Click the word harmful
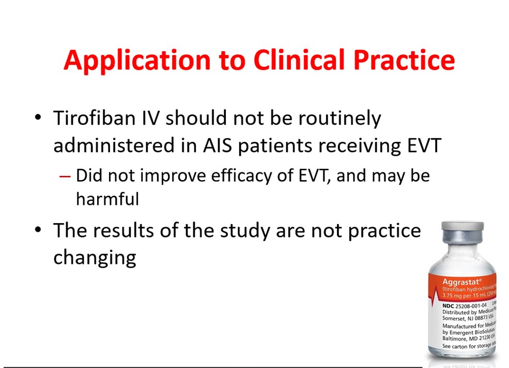[107, 199]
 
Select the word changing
[95, 257]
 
